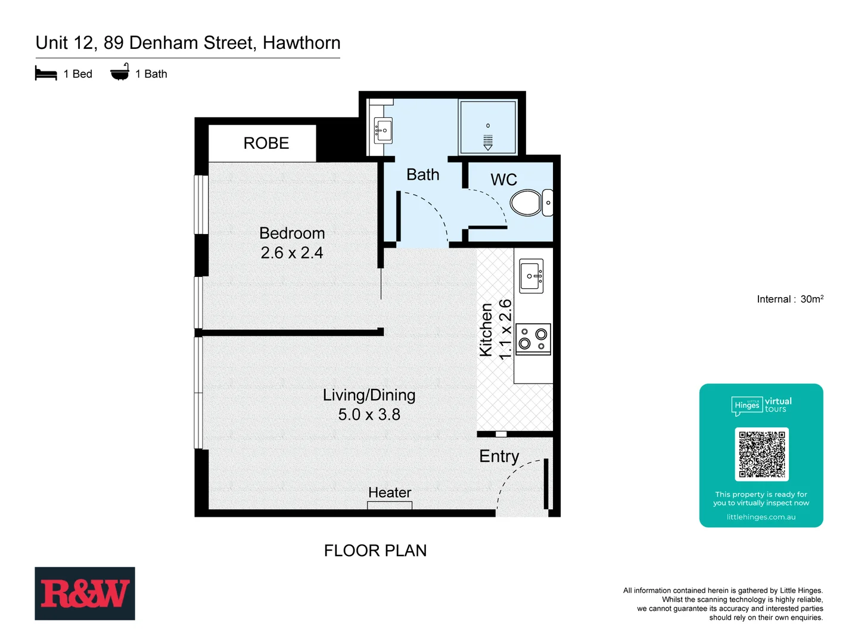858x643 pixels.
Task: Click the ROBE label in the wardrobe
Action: [266, 143]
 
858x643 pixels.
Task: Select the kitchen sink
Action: [531, 276]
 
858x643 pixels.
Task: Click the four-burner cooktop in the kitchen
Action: [533, 339]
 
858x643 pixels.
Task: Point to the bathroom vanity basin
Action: [383, 130]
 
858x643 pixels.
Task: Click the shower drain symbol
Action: [488, 141]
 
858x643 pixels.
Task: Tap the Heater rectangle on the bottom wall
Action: [390, 505]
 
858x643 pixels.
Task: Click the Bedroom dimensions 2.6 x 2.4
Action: [292, 253]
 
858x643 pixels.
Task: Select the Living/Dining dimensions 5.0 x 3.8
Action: [369, 415]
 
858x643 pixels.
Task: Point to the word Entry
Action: [499, 457]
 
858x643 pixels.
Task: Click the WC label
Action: [503, 180]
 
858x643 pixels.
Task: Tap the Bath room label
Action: [423, 175]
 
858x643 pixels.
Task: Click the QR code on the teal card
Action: [761, 454]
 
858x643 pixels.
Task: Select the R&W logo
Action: [85, 594]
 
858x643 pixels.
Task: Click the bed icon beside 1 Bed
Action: [46, 74]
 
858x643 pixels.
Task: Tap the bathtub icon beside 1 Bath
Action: [120, 73]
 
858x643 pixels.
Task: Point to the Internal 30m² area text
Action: [790, 299]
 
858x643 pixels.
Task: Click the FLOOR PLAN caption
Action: [375, 551]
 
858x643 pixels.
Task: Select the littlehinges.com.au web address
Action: [761, 517]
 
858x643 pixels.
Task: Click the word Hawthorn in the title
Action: [301, 43]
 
